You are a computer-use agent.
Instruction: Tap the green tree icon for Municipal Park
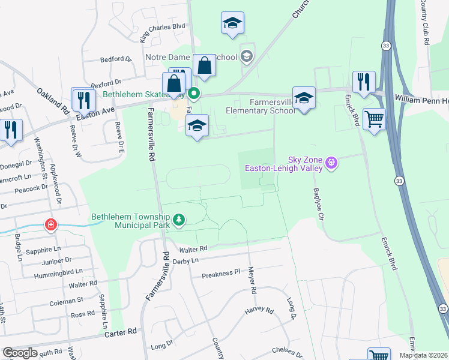click(178, 221)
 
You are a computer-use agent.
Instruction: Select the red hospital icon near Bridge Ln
click(52, 226)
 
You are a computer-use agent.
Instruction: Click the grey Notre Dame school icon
click(246, 57)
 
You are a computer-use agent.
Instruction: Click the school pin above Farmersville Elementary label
click(304, 98)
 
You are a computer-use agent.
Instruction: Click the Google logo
click(20, 353)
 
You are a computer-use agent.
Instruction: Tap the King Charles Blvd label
click(162, 32)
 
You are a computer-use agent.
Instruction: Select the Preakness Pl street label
click(220, 274)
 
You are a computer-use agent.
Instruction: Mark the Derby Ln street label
click(185, 261)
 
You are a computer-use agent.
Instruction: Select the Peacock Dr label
click(32, 188)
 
